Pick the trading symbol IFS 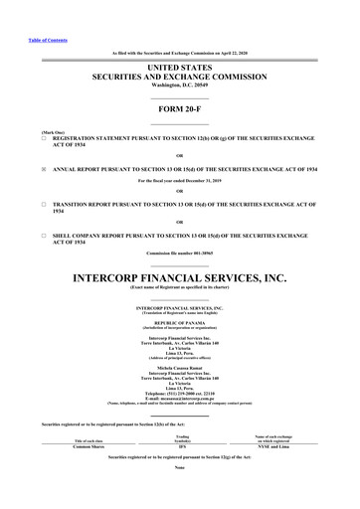(182, 446)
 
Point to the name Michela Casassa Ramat (179, 366)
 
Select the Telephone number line (179, 393)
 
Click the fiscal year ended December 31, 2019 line (179, 180)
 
